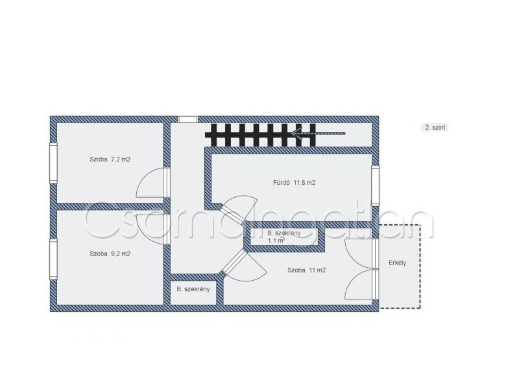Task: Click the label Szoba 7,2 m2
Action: [x=110, y=159]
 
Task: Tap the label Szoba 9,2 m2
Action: [x=110, y=253]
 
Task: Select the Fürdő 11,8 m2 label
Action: [x=294, y=182]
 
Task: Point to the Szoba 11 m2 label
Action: [x=306, y=270]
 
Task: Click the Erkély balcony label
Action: [x=397, y=263]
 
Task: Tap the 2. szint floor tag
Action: [x=435, y=127]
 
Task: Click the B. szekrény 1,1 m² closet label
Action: [x=284, y=237]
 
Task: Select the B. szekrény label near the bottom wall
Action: [x=193, y=289]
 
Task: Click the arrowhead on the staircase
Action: [x=296, y=134]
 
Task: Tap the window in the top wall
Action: [x=188, y=119]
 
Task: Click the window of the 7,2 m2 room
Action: [x=53, y=163]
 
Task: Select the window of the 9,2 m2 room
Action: [x=53, y=259]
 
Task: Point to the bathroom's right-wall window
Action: [x=375, y=185]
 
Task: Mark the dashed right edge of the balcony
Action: [x=420, y=266]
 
